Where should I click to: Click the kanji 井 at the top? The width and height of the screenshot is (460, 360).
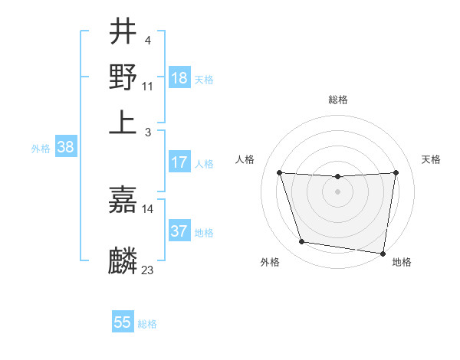(x=123, y=34)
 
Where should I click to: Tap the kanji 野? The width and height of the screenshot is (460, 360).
(x=123, y=77)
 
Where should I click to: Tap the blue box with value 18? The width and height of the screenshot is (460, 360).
(x=179, y=78)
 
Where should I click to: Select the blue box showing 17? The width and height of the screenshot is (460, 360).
(x=179, y=162)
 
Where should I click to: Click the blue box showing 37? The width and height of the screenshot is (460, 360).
(x=179, y=231)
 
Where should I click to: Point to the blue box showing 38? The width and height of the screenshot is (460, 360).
(x=65, y=148)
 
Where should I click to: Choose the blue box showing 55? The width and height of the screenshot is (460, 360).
(x=123, y=322)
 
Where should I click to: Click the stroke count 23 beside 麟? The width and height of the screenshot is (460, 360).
(x=148, y=270)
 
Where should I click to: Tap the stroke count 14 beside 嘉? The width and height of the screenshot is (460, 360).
(x=148, y=208)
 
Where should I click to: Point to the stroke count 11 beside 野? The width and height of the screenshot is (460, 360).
(x=148, y=87)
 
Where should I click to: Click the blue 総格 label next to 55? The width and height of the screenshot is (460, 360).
(x=147, y=324)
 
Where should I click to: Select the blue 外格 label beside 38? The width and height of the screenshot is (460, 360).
(x=41, y=149)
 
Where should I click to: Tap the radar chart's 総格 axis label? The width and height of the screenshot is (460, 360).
(x=338, y=100)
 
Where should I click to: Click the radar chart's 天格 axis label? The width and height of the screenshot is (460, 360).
(x=431, y=159)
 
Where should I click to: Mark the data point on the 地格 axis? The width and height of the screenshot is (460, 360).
(x=383, y=254)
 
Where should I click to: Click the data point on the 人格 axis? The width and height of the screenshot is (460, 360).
(x=280, y=173)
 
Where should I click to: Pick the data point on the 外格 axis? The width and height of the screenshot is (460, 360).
(x=302, y=242)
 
